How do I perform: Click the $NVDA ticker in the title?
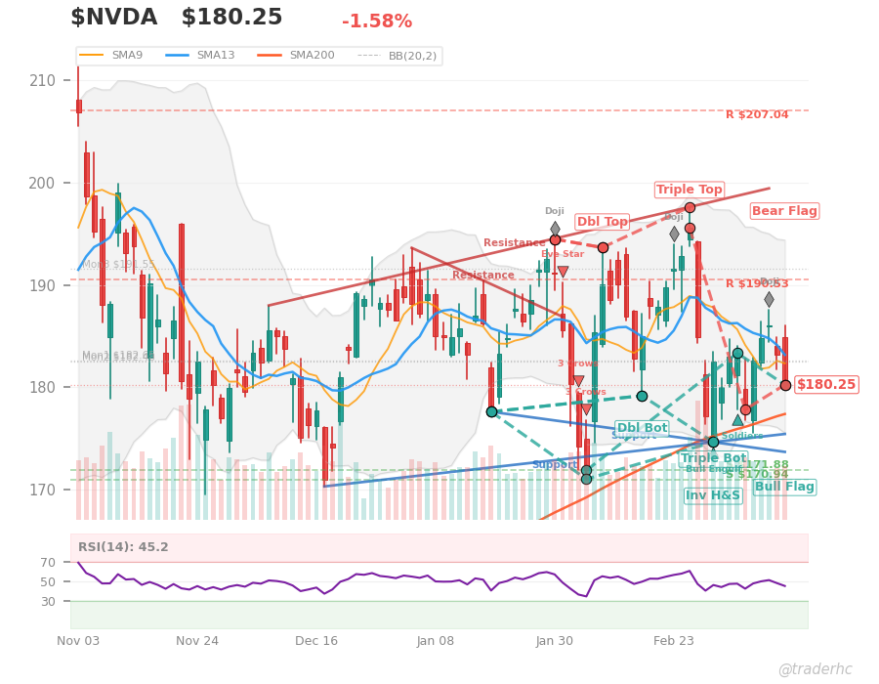click(x=113, y=18)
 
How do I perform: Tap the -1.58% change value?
click(x=376, y=21)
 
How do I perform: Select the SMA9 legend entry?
click(x=126, y=56)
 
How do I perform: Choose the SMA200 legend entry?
click(x=312, y=56)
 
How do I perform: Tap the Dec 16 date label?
click(x=316, y=641)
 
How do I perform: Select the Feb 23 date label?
click(x=673, y=641)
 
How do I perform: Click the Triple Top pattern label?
click(x=689, y=190)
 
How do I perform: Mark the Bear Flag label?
click(x=784, y=211)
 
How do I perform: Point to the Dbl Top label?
click(x=602, y=222)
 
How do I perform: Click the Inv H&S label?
click(x=712, y=495)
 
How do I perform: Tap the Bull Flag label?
click(x=784, y=487)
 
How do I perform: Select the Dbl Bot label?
click(x=642, y=428)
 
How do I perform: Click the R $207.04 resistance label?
click(x=756, y=115)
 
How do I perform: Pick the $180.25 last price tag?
click(x=825, y=385)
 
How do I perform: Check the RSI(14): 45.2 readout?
click(x=125, y=547)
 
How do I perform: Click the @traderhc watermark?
click(x=815, y=669)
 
